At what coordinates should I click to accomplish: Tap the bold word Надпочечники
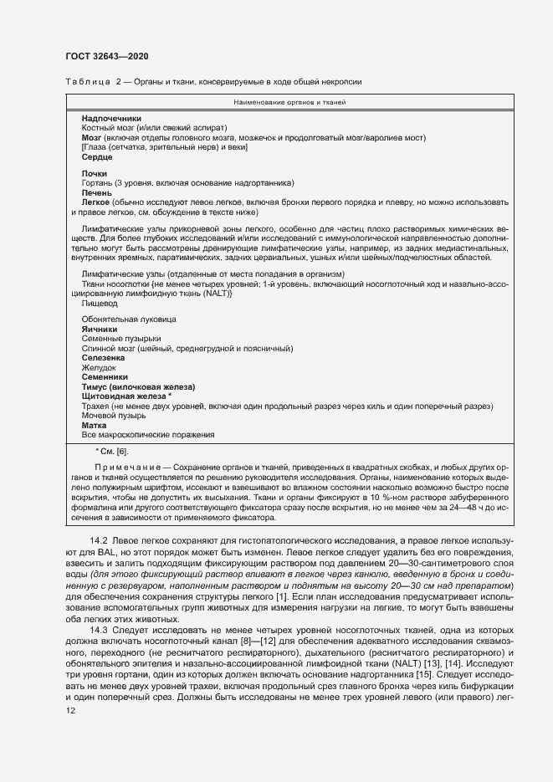[111, 118]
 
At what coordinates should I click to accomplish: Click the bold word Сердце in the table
[97, 156]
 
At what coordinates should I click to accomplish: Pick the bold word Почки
[95, 173]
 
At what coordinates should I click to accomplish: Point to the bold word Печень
[98, 192]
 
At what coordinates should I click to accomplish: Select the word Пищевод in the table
[100, 304]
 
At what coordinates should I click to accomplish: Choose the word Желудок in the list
[99, 367]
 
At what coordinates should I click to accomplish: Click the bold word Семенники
[105, 377]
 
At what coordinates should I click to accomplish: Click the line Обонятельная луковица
[129, 319]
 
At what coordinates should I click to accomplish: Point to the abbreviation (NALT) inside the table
[197, 294]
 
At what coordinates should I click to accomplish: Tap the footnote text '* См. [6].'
[111, 452]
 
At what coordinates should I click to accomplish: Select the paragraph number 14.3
[100, 629]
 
